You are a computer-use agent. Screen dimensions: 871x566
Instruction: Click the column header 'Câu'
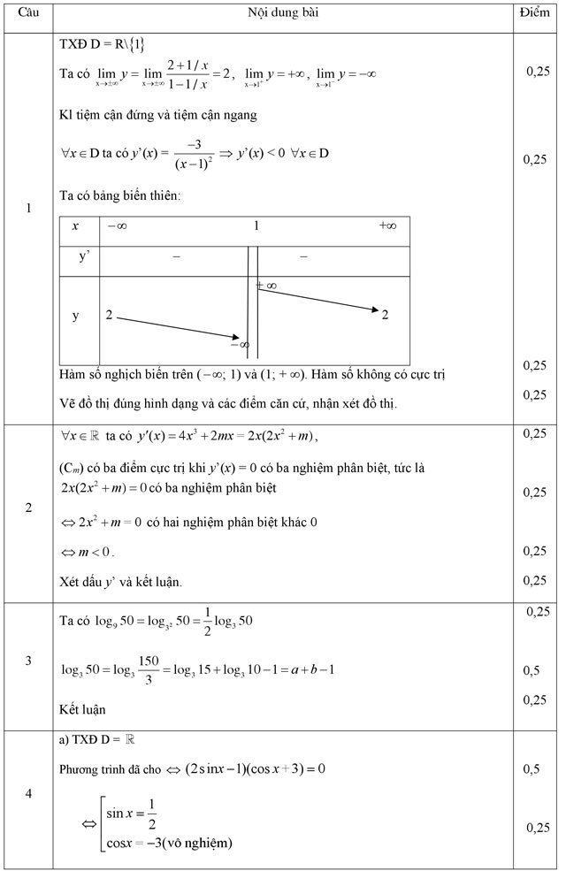(x=28, y=16)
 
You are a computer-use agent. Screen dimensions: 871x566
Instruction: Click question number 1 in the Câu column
(x=28, y=209)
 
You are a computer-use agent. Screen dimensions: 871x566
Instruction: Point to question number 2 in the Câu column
(x=28, y=508)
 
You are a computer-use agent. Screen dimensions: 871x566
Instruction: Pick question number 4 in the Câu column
(x=28, y=793)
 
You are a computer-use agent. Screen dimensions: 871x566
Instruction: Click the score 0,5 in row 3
(x=532, y=671)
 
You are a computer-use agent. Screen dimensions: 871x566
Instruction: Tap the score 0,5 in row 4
(x=532, y=769)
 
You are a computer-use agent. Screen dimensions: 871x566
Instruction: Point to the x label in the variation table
(x=76, y=226)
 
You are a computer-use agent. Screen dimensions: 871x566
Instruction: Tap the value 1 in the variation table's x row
(x=256, y=226)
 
